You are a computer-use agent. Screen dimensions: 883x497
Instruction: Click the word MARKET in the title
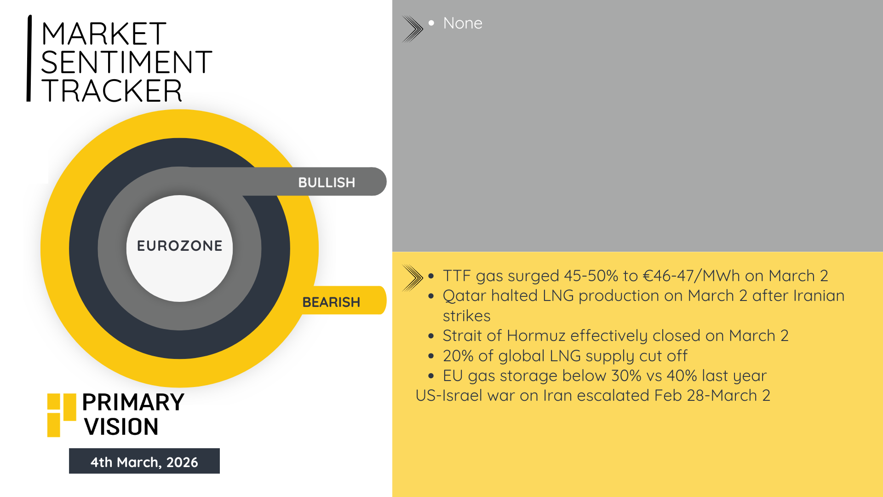(103, 34)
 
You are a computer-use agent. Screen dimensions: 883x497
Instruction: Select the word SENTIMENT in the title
(126, 63)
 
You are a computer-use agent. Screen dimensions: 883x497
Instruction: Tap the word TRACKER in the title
(112, 91)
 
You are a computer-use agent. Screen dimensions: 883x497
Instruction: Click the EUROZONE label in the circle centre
(180, 246)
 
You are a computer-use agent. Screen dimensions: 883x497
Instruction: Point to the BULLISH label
(327, 182)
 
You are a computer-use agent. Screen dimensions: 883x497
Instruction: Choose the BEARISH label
(331, 302)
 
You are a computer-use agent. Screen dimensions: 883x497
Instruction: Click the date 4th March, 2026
(144, 462)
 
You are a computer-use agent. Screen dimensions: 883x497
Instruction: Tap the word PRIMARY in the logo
(133, 402)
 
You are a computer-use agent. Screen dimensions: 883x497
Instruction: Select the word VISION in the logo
(121, 427)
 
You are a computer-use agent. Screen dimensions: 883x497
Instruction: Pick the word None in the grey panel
(463, 23)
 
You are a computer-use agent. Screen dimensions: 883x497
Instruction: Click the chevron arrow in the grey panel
(413, 29)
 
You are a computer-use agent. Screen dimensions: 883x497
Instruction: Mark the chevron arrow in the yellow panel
(413, 278)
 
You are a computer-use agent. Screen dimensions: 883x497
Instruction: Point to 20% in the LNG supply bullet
(458, 356)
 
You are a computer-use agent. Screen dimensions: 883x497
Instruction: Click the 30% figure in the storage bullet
(626, 376)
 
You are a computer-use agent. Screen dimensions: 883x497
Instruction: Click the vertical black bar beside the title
(29, 58)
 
